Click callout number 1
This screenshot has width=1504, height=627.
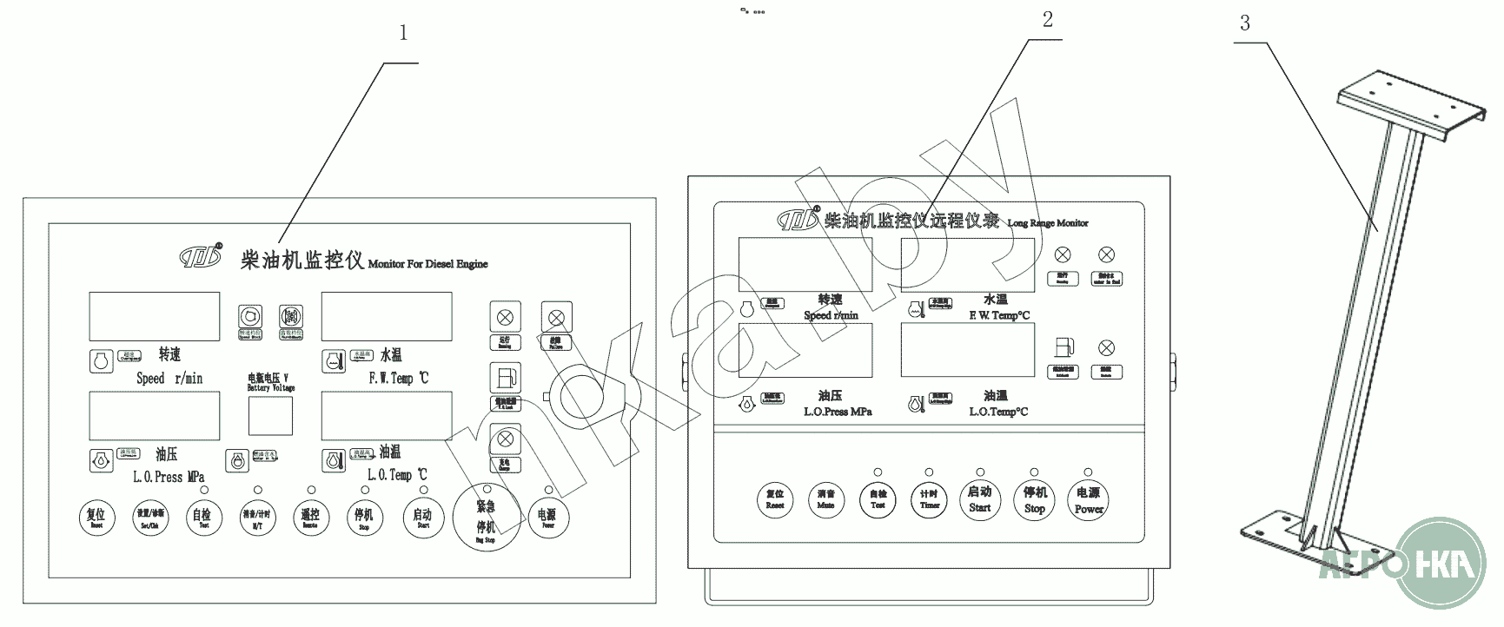(x=402, y=33)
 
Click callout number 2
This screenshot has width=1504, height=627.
(x=1048, y=19)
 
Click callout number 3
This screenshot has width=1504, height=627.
(x=1244, y=23)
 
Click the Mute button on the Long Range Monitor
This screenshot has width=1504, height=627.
(x=825, y=499)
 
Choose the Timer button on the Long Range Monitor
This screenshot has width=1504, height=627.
(x=930, y=499)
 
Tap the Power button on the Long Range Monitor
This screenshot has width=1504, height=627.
(x=1088, y=499)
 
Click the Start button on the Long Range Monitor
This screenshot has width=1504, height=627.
(x=979, y=499)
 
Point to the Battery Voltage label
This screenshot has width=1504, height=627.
(x=271, y=383)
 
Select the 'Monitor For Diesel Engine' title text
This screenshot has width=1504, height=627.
(x=427, y=264)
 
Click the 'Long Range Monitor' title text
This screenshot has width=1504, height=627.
(x=1047, y=223)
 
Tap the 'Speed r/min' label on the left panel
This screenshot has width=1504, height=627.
(x=169, y=379)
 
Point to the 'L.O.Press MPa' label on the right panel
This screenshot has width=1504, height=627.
(x=837, y=412)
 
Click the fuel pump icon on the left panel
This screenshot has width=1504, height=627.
(x=505, y=379)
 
